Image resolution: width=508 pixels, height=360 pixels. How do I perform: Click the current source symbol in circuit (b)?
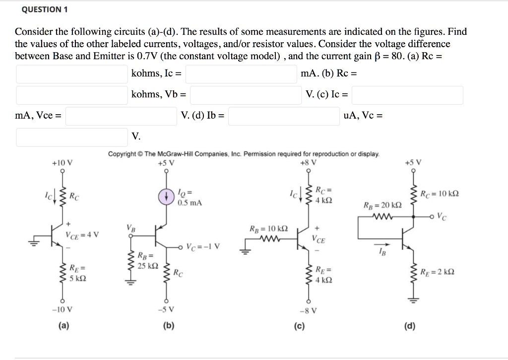coord(165,197)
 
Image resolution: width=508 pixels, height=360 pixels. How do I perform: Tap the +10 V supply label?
coord(63,163)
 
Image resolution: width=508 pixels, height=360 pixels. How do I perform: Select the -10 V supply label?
coord(63,309)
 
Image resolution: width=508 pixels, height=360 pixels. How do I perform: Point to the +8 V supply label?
coord(308,163)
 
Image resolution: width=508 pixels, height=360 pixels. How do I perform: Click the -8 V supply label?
coord(308,311)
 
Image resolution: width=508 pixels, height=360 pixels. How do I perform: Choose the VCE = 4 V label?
coord(82,234)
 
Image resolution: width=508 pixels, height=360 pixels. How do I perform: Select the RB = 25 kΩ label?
coord(148,261)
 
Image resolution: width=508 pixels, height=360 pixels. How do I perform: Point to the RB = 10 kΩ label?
coord(268,229)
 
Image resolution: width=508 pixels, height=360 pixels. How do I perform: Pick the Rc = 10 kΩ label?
coord(440,194)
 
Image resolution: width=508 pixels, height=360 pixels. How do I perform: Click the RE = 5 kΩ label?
coord(79,274)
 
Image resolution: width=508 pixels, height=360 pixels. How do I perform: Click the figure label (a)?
coord(63,326)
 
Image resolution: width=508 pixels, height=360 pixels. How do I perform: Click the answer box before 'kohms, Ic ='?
coord(71,74)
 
